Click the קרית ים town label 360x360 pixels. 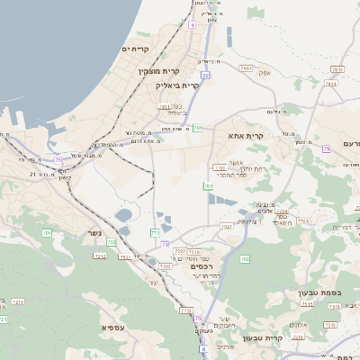[140, 49]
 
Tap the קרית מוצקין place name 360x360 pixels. [159, 71]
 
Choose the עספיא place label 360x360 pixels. [112, 327]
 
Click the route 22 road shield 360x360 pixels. [205, 76]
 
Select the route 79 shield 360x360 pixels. [165, 244]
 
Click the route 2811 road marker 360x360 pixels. [165, 106]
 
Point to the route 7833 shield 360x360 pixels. [337, 69]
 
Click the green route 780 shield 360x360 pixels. [208, 185]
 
